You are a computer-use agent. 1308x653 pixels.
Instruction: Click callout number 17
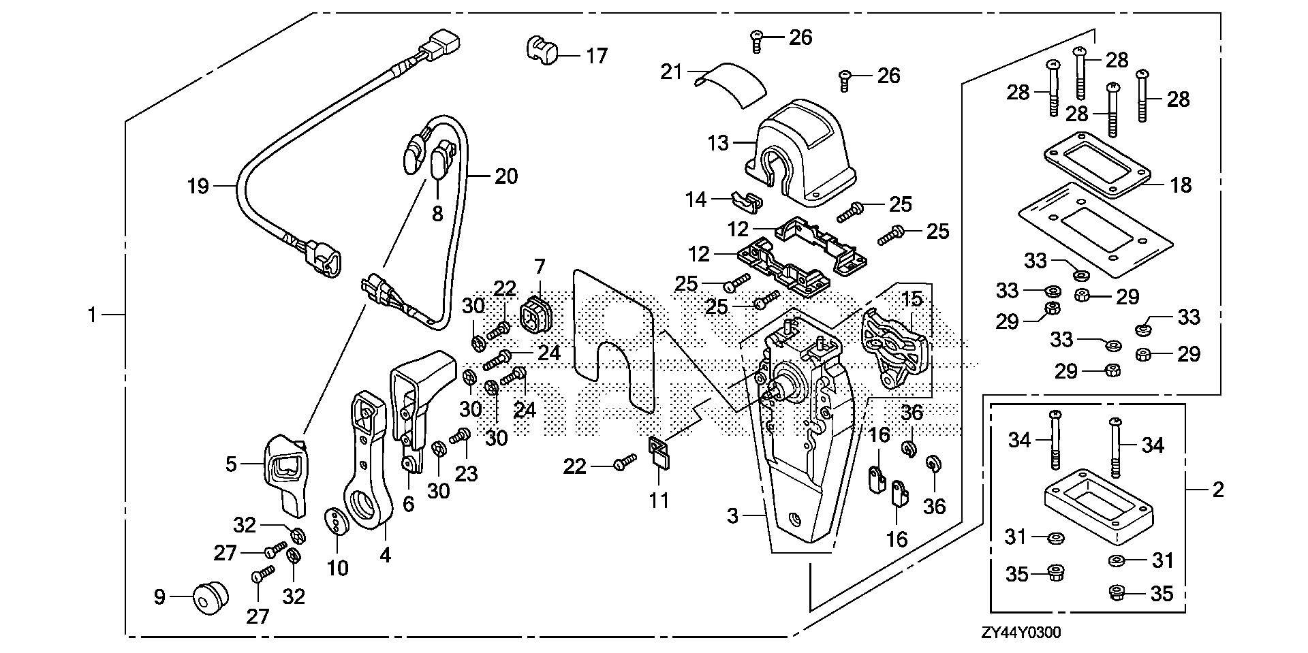click(x=597, y=55)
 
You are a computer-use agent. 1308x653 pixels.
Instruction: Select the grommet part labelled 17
click(x=541, y=50)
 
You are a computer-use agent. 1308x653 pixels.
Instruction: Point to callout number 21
click(x=672, y=71)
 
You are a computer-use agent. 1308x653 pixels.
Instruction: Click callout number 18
click(x=1181, y=185)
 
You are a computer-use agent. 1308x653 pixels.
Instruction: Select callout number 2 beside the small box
click(x=1218, y=489)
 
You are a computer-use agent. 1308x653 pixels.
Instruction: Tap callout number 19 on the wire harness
click(x=198, y=185)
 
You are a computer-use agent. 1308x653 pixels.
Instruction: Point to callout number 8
click(x=437, y=213)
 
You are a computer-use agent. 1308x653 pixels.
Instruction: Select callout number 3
click(x=732, y=516)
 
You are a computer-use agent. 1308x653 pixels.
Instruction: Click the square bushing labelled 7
click(x=535, y=317)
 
